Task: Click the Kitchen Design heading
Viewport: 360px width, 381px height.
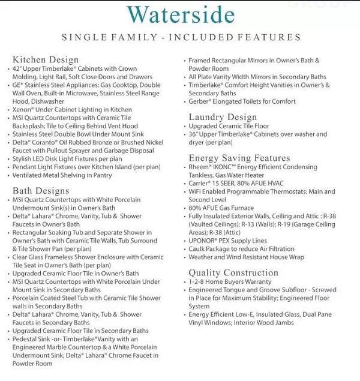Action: click(46, 60)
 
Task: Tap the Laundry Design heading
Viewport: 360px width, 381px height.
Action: click(223, 117)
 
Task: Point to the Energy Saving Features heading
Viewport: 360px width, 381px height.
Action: click(239, 158)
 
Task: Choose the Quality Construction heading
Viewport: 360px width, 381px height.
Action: click(234, 272)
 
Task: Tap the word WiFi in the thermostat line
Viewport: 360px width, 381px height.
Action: click(196, 191)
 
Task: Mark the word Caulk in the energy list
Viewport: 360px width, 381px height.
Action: click(198, 248)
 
